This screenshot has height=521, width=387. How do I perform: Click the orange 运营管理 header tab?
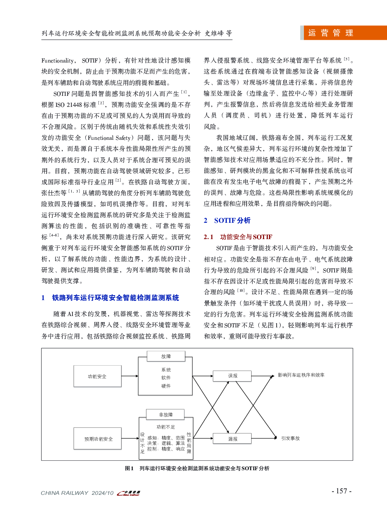[343, 33]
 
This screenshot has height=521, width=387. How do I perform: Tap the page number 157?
[341, 491]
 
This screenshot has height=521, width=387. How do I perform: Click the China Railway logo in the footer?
[129, 493]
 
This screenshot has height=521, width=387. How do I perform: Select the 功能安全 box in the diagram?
[98, 376]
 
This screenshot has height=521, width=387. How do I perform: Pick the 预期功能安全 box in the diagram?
[98, 439]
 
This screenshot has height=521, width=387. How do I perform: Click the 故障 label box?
[166, 356]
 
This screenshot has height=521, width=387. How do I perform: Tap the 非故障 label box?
[166, 415]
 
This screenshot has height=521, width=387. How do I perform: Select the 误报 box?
[233, 376]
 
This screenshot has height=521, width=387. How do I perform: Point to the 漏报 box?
[233, 439]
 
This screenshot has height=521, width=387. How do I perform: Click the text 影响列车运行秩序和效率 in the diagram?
[301, 375]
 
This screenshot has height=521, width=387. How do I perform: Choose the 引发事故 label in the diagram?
[290, 438]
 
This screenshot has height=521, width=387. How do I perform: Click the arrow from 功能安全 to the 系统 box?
[130, 376]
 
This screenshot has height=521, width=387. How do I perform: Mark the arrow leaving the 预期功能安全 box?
[130, 439]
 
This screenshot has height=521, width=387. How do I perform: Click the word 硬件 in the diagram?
[166, 386]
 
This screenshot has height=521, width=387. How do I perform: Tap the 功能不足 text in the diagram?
[166, 427]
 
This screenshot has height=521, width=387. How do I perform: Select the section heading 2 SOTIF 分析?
[227, 221]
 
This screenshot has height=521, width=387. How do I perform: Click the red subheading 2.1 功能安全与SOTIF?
[238, 237]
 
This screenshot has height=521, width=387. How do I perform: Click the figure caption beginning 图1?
[197, 468]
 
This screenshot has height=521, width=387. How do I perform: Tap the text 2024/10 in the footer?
[102, 493]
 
